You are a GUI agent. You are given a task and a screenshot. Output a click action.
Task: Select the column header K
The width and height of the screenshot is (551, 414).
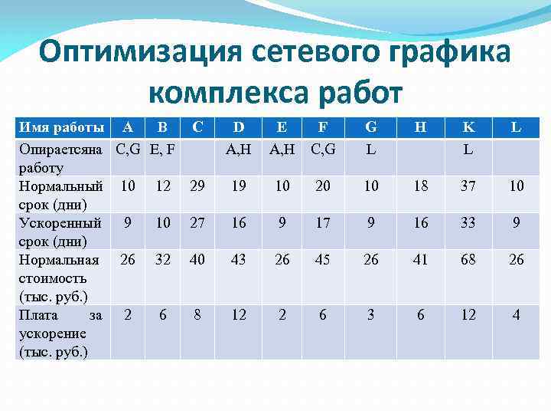click(x=468, y=127)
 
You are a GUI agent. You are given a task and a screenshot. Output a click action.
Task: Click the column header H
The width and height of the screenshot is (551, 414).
click(x=420, y=127)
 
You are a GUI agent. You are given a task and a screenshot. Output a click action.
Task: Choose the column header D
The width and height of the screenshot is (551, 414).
click(x=239, y=127)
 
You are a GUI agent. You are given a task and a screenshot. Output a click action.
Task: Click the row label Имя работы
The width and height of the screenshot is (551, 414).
click(x=60, y=127)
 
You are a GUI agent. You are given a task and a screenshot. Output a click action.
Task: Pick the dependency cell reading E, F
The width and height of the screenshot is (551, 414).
click(x=162, y=149)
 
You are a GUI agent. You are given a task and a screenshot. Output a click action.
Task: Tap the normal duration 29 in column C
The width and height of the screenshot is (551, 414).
click(x=197, y=186)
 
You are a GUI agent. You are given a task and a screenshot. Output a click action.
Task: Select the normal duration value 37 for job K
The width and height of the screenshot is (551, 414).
click(x=468, y=186)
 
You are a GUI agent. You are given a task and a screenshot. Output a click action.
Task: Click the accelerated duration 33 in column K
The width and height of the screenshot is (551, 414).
click(x=468, y=223)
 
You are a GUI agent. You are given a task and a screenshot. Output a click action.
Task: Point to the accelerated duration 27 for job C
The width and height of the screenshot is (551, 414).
click(x=197, y=223)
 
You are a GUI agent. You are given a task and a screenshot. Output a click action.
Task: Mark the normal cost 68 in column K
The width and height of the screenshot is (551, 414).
click(x=468, y=260)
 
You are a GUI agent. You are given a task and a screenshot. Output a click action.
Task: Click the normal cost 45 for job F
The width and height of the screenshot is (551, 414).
click(x=323, y=260)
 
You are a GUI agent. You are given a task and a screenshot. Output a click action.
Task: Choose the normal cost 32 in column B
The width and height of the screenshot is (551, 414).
click(x=162, y=260)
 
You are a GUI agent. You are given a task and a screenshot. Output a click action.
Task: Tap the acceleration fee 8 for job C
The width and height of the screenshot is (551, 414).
click(x=197, y=314)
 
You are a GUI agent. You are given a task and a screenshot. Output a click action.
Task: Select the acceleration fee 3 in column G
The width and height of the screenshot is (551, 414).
click(x=371, y=314)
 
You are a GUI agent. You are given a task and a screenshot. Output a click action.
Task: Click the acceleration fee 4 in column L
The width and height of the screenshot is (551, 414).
click(x=517, y=314)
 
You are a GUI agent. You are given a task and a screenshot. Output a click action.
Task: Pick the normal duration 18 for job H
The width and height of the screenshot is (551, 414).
click(x=420, y=186)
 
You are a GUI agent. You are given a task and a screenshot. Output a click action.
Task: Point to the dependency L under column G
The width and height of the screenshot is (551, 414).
click(x=371, y=149)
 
